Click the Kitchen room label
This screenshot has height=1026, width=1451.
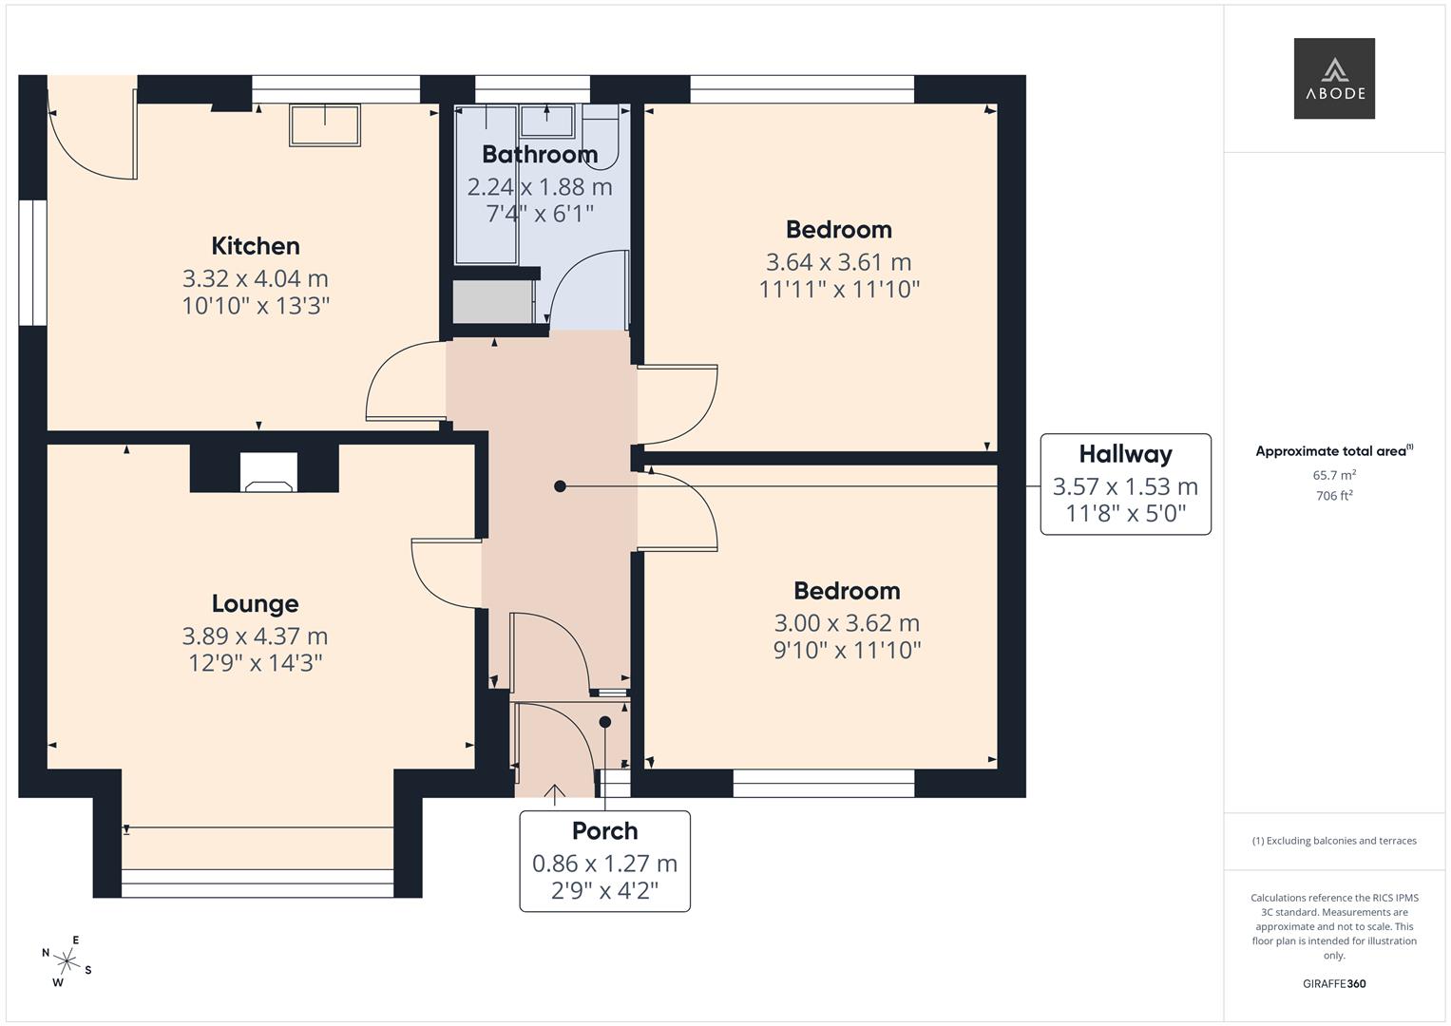coord(255,246)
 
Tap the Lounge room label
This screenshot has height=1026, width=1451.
coord(255,604)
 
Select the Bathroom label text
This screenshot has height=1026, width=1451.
coord(539,154)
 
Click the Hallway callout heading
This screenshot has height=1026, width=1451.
coord(1125,454)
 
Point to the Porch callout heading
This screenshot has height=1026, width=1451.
coord(604,831)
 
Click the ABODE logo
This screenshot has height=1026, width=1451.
coord(1334,79)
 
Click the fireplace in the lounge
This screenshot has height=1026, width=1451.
coord(268,472)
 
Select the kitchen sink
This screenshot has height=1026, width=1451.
coord(325,125)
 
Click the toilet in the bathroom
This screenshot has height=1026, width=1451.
coord(600,138)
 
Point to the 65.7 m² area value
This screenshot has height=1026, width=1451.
coord(1334,475)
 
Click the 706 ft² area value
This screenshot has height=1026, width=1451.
coord(1334,496)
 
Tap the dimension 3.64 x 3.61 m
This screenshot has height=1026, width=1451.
coord(838,262)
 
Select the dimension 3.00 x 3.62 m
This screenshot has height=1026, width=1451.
coord(847,623)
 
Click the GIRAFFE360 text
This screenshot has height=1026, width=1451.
coord(1334,984)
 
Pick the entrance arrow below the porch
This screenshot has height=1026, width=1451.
coord(555,791)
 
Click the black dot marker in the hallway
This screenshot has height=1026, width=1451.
coord(560,486)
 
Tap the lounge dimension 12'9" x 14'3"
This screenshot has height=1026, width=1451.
coord(255,663)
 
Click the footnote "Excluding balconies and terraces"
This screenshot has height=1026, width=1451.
coord(1334,841)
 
